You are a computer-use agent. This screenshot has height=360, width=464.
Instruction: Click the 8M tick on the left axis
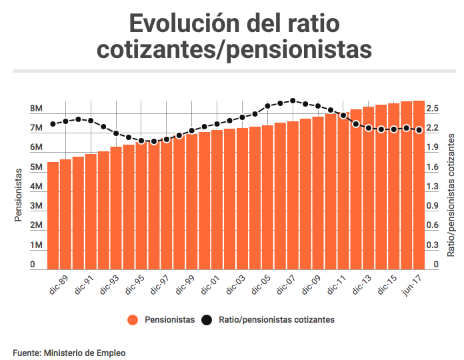point(36,109)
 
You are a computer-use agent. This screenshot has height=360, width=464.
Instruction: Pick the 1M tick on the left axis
point(36,246)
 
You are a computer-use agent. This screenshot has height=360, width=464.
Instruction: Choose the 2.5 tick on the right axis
point(432,109)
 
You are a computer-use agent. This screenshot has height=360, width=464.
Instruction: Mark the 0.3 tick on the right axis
point(432,246)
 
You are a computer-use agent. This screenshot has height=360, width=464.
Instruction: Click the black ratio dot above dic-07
point(293,101)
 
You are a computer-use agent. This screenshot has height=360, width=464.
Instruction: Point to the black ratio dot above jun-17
point(419,130)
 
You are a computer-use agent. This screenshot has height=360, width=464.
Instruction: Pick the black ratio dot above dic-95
point(141,141)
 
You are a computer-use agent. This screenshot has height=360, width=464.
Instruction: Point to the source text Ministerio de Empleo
point(85,352)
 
